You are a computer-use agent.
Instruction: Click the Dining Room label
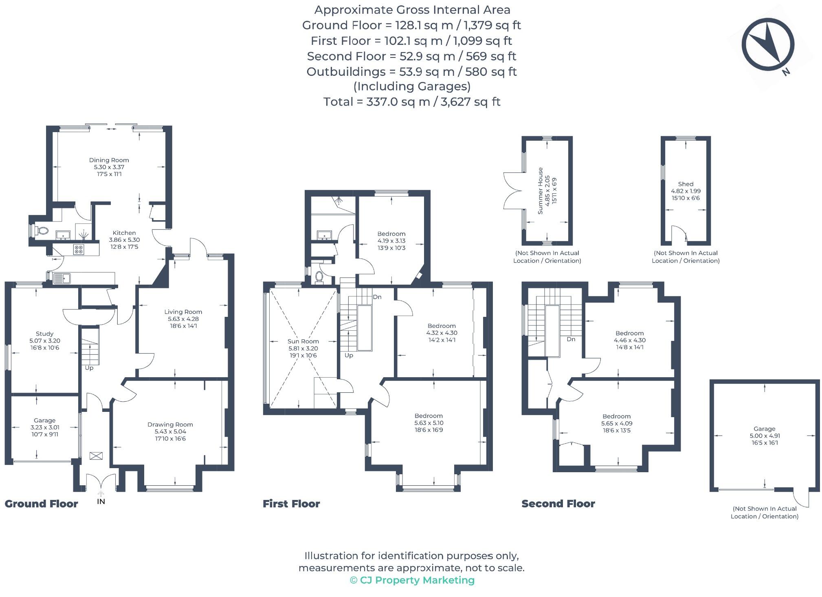coord(109,160)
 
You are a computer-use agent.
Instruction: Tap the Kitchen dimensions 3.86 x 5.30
coord(124,240)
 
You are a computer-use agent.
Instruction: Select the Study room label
coord(44,334)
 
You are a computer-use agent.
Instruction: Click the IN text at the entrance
coord(101,502)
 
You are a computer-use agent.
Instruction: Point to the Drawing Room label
coord(170,425)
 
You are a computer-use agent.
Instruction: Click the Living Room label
coord(183,312)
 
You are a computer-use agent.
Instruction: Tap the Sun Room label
coord(303,341)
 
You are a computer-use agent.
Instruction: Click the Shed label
coord(686,184)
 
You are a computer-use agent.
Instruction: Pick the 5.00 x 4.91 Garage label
coord(764,436)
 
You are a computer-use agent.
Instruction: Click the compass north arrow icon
coord(767,45)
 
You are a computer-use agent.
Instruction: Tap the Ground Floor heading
coord(41,504)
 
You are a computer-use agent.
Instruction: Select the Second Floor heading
coord(558,504)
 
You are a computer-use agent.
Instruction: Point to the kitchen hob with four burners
coord(79,249)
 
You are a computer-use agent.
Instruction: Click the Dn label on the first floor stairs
coord(377,297)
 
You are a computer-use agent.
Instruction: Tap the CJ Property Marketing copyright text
coord(412,580)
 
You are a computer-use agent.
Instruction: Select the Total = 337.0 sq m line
coord(411,102)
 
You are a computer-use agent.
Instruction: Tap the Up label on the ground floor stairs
coord(89,368)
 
